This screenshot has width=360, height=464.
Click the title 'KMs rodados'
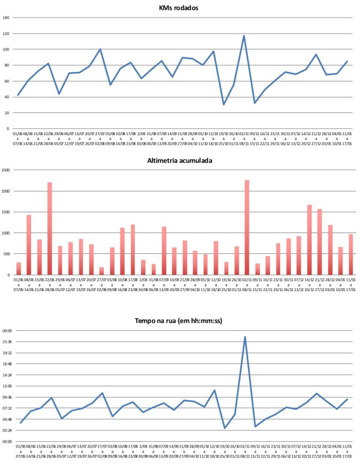click(x=183, y=7)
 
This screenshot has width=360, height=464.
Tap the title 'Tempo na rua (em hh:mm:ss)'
click(x=183, y=318)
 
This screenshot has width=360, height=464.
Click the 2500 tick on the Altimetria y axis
click(x=6, y=170)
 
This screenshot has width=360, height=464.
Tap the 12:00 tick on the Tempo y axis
click(x=7, y=386)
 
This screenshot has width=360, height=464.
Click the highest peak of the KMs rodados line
click(x=244, y=36)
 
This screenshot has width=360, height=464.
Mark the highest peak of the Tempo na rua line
click(x=245, y=337)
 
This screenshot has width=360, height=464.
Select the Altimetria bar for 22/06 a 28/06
click(x=50, y=229)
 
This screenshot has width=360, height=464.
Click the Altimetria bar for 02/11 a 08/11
click(x=247, y=228)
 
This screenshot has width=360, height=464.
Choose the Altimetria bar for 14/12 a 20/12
click(x=309, y=239)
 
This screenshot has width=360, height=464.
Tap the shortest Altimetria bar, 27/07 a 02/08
click(x=102, y=271)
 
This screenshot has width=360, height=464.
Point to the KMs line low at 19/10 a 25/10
click(x=224, y=104)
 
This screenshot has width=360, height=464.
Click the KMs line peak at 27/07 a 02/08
click(x=100, y=49)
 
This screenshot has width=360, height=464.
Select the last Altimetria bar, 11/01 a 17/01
click(x=351, y=254)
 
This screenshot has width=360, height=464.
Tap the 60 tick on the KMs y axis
click(x=7, y=81)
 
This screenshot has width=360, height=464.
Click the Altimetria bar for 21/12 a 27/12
click(x=320, y=242)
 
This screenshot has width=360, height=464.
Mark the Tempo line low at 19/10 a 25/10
click(x=225, y=428)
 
